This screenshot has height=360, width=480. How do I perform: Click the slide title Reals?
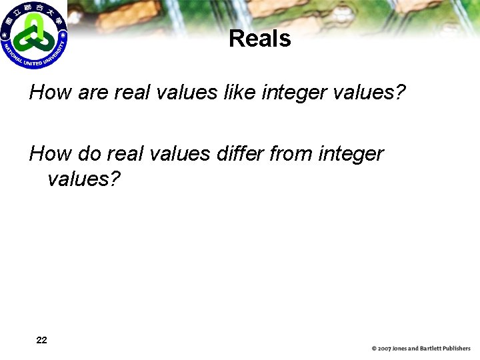pyautogui.click(x=259, y=39)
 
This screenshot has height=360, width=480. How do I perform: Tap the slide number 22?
pyautogui.click(x=41, y=340)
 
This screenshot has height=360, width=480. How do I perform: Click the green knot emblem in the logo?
pyautogui.click(x=31, y=34)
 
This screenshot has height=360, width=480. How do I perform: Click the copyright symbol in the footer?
pyautogui.click(x=375, y=349)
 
